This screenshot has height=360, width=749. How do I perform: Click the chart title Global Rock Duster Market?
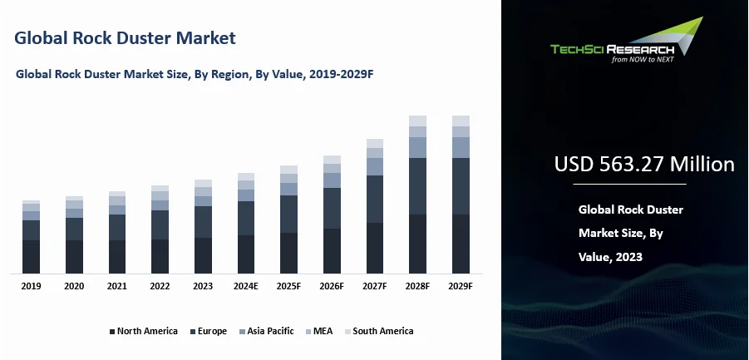(126, 38)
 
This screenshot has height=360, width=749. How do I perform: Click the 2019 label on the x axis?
(31, 286)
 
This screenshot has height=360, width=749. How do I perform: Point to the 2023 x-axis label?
(203, 286)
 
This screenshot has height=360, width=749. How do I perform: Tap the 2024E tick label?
(246, 286)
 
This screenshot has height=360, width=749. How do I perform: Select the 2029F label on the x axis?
(461, 286)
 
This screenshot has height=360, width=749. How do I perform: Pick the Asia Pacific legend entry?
(267, 331)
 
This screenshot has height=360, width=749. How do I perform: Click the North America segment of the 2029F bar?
(461, 244)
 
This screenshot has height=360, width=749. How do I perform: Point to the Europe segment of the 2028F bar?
(417, 186)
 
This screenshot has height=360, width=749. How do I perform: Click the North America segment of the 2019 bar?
(31, 256)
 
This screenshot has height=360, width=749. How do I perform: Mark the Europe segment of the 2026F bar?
(332, 208)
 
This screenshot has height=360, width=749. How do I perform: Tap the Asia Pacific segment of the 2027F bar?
(375, 166)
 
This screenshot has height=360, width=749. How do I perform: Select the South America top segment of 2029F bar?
(461, 121)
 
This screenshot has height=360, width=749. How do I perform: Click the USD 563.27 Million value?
(644, 165)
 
